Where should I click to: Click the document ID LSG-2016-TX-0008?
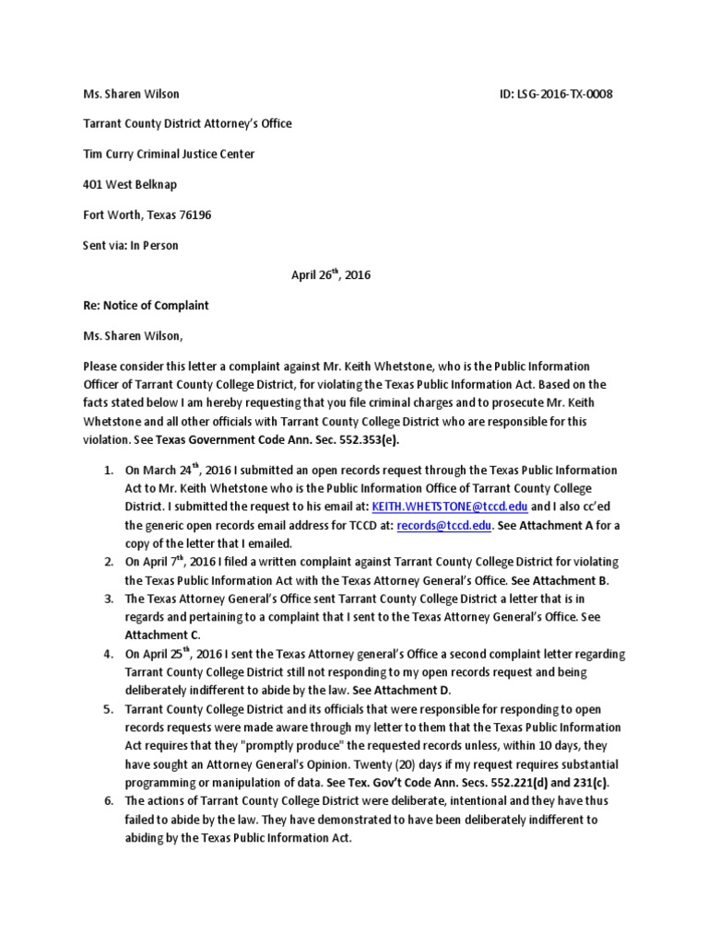(x=553, y=94)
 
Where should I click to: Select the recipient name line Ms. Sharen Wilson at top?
(x=131, y=94)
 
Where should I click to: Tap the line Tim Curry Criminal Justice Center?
(x=169, y=154)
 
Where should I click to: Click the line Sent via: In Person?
(x=131, y=245)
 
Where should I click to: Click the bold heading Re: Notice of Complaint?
(x=146, y=305)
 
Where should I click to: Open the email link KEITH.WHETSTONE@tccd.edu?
(x=449, y=506)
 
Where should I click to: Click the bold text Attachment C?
(x=162, y=635)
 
